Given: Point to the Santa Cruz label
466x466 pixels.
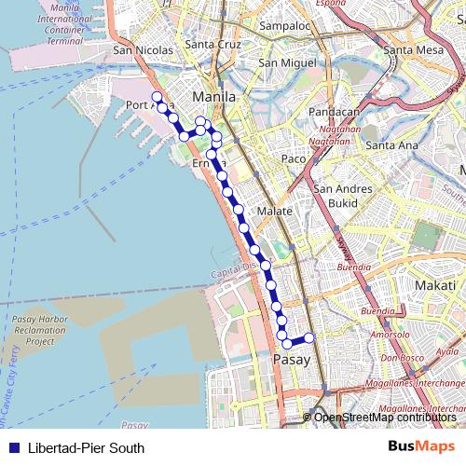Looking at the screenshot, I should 215,44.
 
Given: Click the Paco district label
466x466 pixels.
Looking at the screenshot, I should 294,159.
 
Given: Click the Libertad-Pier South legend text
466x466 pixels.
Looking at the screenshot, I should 86,447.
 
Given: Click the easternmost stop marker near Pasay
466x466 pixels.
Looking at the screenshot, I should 309,337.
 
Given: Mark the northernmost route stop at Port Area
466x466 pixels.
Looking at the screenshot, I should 157,97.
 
